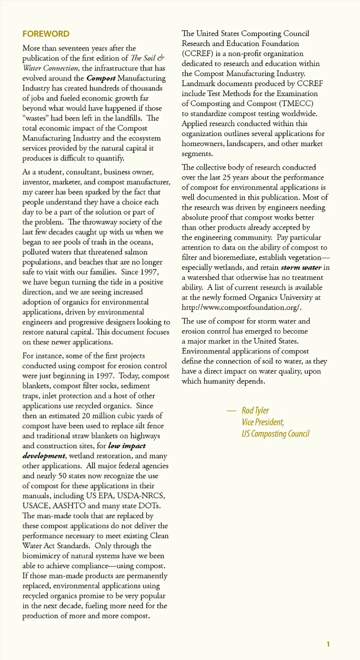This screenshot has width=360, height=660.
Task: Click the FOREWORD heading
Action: (x=46, y=34)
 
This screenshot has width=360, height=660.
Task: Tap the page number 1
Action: (x=328, y=644)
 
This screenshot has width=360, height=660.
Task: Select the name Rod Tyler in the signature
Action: (x=255, y=411)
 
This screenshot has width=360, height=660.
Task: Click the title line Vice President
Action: (x=263, y=422)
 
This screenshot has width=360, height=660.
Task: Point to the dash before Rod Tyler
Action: (x=231, y=411)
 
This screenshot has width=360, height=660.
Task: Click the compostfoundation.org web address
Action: (x=241, y=307)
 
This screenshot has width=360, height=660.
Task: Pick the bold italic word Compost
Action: (x=101, y=78)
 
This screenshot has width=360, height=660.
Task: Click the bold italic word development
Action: (x=43, y=456)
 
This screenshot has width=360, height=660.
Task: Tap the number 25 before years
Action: (x=226, y=177)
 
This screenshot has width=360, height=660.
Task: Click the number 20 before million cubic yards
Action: (x=86, y=416)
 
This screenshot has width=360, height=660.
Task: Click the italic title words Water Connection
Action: (x=51, y=68)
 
